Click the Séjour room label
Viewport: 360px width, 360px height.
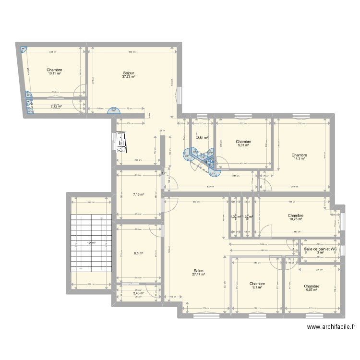pos(128,72)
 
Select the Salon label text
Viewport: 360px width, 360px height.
pos(198,270)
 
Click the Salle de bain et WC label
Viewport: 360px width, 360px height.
pos(321,249)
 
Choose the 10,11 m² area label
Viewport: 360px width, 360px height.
pos(55,74)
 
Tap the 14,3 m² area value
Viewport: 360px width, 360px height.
pos(299,159)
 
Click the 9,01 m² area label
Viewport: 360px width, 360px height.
pos(244,145)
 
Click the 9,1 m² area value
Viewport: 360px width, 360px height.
pos(257,288)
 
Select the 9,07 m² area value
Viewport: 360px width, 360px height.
pos(312,289)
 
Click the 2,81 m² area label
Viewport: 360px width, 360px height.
pos(202,138)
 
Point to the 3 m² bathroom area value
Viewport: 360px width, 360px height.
pos(321,253)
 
